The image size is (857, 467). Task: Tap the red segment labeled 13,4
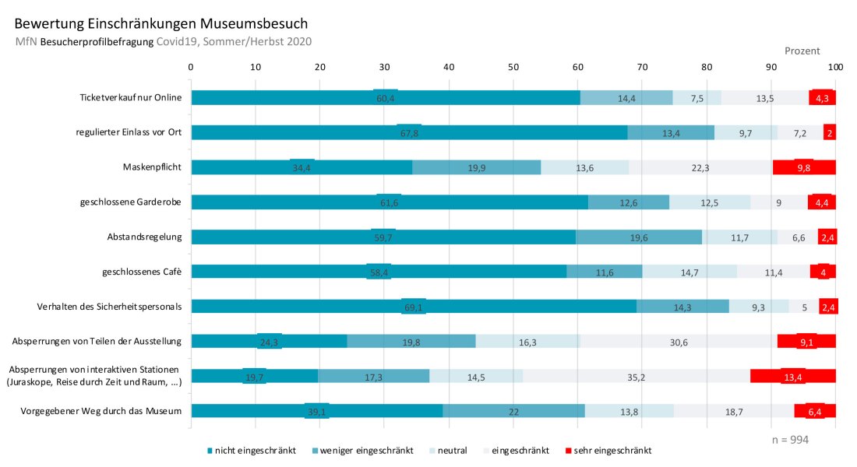[792, 377]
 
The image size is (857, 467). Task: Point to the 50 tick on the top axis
[513, 68]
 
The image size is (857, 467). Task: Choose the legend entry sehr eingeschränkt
[609, 450]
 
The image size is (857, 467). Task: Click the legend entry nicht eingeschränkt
[251, 450]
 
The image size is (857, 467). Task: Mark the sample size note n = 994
[790, 440]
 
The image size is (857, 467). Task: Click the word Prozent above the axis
[802, 51]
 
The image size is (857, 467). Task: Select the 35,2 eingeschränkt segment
[637, 377]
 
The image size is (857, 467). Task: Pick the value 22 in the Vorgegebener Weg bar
[513, 412]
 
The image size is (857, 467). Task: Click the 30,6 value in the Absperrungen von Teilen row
[678, 342]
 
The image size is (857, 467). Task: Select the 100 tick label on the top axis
[835, 68]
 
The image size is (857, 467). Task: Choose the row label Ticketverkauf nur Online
[130, 97]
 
